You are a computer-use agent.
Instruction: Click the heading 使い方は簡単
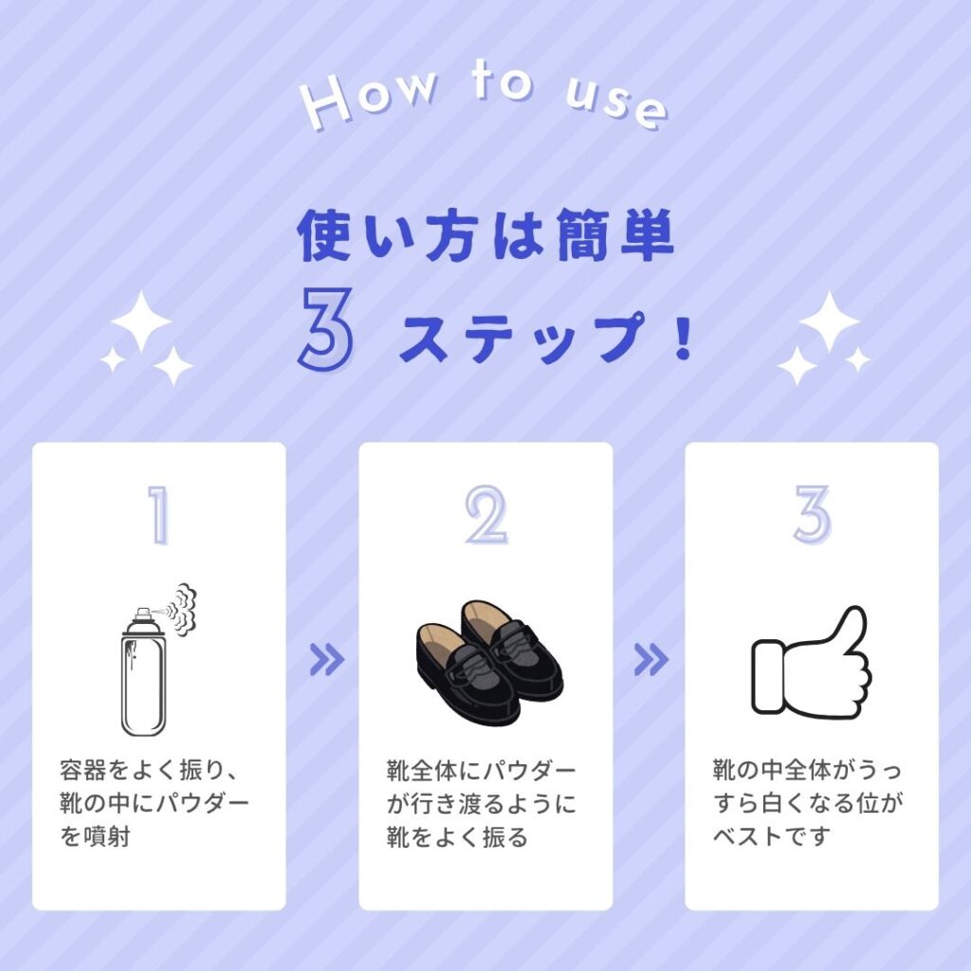point(486,236)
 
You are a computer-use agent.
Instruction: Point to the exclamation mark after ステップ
point(682,339)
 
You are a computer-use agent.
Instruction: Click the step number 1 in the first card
point(158,516)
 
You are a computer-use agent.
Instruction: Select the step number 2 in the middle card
point(485,516)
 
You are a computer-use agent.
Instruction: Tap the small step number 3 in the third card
point(812,516)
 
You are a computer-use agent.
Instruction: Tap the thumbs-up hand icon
point(811,662)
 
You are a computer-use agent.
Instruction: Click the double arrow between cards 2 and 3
point(650,660)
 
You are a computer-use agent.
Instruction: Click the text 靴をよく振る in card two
point(456,837)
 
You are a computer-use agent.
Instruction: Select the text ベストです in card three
point(772,837)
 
